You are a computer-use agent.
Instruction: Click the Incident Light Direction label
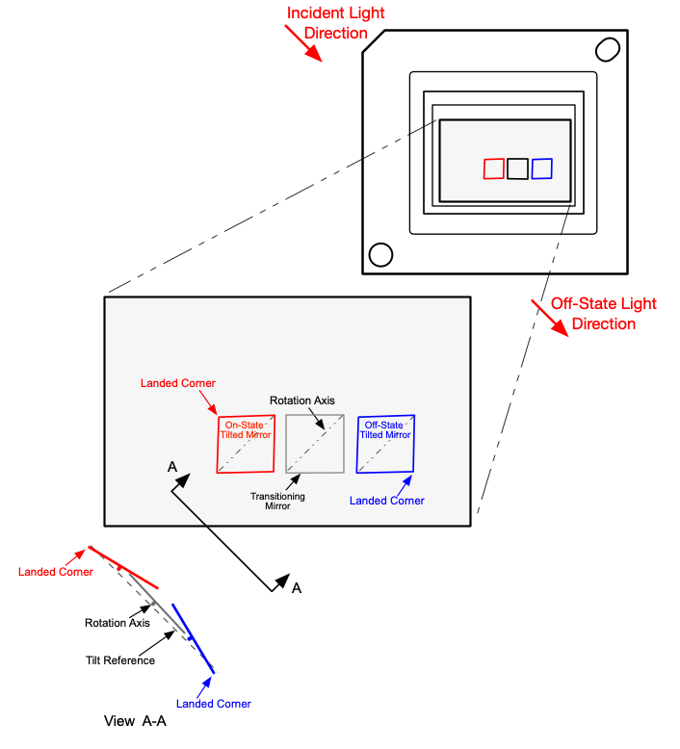pyautogui.click(x=335, y=23)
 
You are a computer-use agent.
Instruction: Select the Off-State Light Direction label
pyautogui.click(x=603, y=314)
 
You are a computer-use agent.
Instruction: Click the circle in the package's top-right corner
pyautogui.click(x=607, y=48)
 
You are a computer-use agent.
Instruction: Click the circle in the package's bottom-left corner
pyautogui.click(x=380, y=254)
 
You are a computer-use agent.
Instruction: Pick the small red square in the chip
pyautogui.click(x=493, y=168)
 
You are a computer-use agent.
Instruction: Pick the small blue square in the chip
pyautogui.click(x=541, y=168)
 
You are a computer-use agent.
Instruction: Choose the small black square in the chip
pyautogui.click(x=517, y=168)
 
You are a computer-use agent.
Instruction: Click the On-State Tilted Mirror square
pyautogui.click(x=247, y=444)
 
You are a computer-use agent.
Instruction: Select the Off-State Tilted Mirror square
pyautogui.click(x=385, y=444)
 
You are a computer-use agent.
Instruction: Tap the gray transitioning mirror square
pyautogui.click(x=315, y=444)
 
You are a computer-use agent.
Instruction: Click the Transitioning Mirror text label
pyautogui.click(x=277, y=501)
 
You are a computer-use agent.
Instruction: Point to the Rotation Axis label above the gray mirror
pyautogui.click(x=301, y=400)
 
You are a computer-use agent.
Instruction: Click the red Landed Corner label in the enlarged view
pyautogui.click(x=179, y=383)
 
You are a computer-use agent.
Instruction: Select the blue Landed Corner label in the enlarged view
pyautogui.click(x=386, y=501)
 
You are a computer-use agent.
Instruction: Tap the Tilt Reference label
pyautogui.click(x=119, y=660)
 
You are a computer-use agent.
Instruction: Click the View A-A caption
pyautogui.click(x=136, y=720)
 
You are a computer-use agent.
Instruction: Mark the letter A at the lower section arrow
pyautogui.click(x=297, y=588)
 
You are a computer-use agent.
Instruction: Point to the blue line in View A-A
pyautogui.click(x=193, y=638)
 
